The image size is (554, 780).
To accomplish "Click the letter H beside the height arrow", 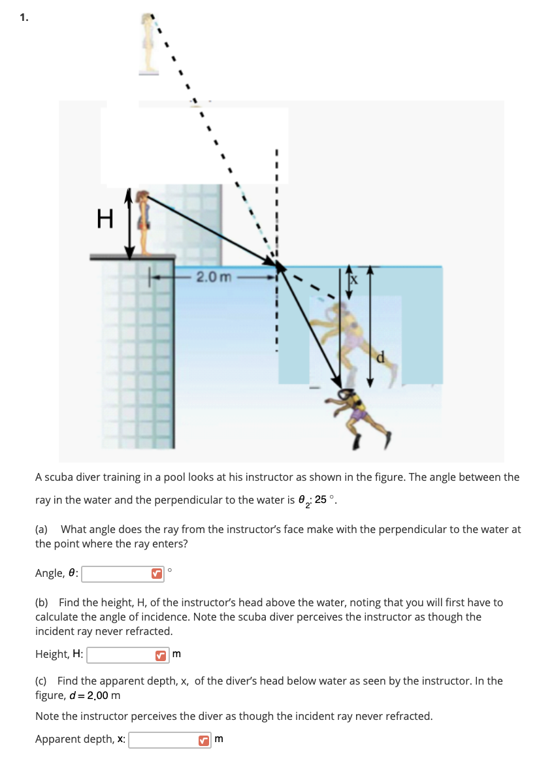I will tap(104, 218).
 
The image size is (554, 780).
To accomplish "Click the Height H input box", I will tap(122, 654).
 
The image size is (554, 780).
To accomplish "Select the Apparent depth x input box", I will tap(164, 739).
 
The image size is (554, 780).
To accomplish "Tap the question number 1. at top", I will tap(24, 18).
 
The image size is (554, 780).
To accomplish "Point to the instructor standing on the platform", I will tap(144, 222).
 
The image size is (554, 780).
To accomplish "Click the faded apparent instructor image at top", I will tap(150, 43).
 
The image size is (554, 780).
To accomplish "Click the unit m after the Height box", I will tap(176, 654).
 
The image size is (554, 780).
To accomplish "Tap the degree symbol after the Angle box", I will tap(170, 570).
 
